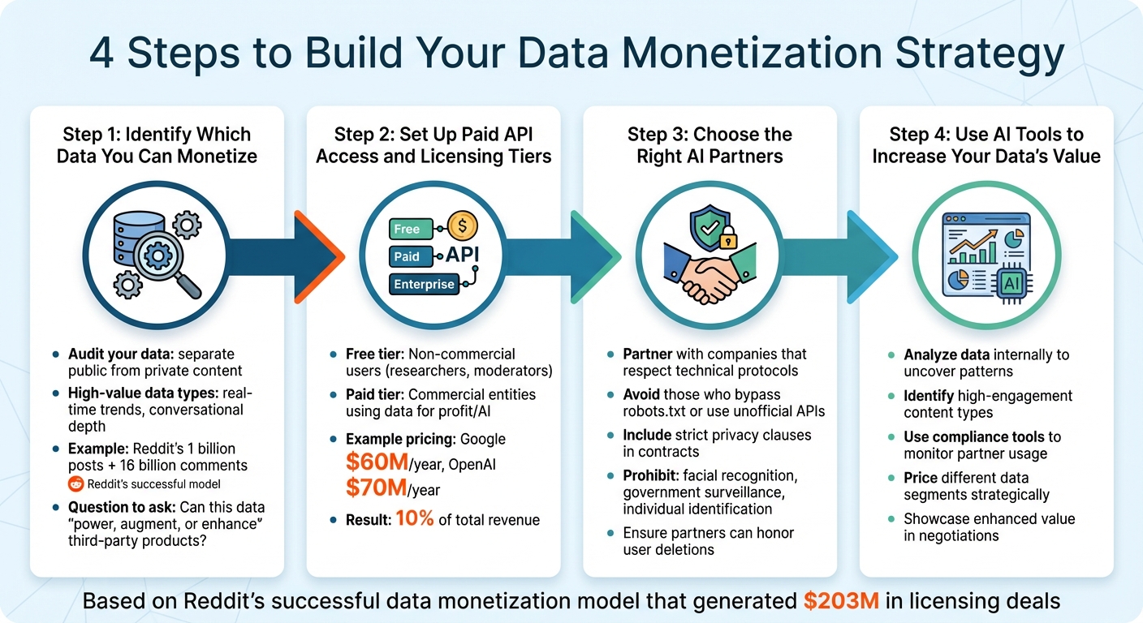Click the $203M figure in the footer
[x=838, y=601]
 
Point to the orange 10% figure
[x=414, y=519]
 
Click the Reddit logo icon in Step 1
[x=75, y=485]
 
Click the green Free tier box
[x=408, y=229]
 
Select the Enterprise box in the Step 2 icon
[x=423, y=284]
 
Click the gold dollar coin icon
[x=464, y=223]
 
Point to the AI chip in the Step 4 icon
[x=1012, y=282]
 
